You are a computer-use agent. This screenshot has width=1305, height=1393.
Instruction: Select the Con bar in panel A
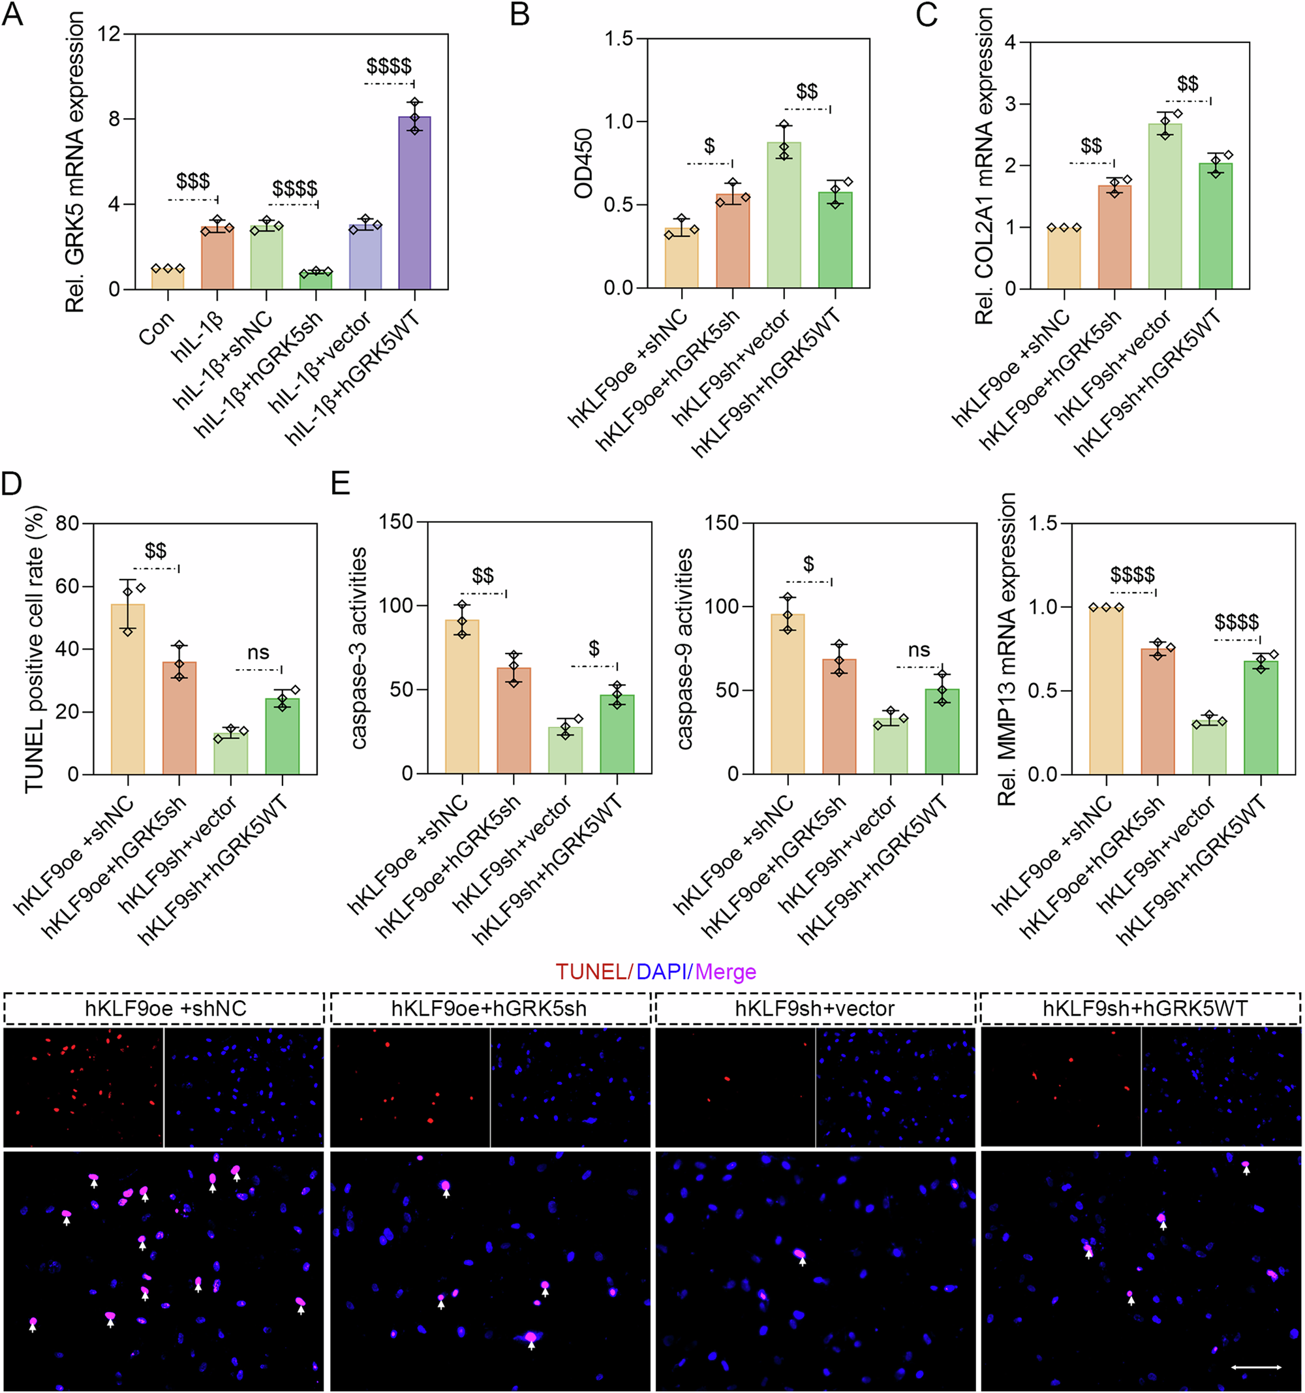[168, 279]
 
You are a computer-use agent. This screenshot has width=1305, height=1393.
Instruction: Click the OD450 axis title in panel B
[584, 163]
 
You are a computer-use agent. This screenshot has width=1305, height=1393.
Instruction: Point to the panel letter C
[926, 14]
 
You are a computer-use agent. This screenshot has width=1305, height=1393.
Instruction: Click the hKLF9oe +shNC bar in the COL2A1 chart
[1064, 258]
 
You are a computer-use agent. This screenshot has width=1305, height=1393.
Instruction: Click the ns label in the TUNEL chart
[258, 652]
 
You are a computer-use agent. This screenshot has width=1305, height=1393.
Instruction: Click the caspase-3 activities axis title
[360, 648]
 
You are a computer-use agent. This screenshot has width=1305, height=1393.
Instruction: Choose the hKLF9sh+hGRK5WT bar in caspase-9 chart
[942, 732]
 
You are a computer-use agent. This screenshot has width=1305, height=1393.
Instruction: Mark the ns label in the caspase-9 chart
[918, 650]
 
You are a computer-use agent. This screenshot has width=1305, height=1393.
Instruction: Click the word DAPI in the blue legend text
[661, 972]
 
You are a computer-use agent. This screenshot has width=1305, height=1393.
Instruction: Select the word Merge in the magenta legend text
[726, 972]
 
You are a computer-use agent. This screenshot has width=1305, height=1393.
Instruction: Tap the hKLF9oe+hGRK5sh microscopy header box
[489, 1009]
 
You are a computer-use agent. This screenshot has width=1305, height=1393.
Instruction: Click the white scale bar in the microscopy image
[1256, 1366]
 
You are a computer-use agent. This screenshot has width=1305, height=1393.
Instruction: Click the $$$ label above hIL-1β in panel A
[192, 181]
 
